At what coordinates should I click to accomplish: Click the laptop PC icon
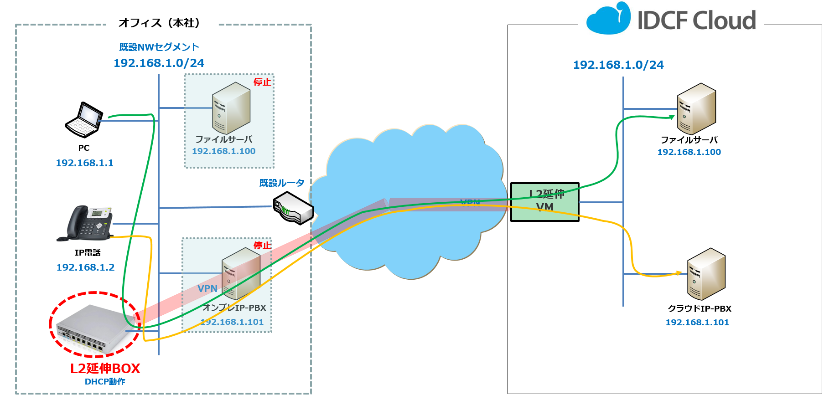84,120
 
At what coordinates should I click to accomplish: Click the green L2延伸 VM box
545,202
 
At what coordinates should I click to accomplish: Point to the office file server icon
231,108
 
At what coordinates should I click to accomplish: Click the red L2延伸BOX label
105,368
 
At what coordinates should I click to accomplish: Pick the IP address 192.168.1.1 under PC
84,163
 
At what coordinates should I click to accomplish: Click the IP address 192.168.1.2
85,267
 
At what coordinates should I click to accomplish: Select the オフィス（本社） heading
159,23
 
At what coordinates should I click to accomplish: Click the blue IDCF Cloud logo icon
608,19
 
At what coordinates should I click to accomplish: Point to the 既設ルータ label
281,183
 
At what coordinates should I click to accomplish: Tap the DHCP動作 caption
105,382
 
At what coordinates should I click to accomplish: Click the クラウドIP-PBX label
699,308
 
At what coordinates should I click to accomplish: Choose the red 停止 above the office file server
262,82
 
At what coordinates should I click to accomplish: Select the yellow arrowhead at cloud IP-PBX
679,273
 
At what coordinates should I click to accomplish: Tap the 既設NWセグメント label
159,47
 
